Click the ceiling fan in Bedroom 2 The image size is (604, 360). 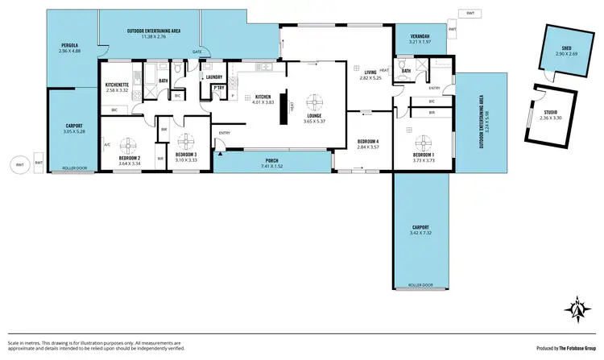pyautogui.click(x=126, y=145)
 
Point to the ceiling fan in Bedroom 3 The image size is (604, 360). pyautogui.click(x=186, y=144)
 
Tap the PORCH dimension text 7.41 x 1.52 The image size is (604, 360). pyautogui.click(x=271, y=165)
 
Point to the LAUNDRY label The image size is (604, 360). pyautogui.click(x=214, y=77)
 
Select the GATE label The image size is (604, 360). pyautogui.click(x=196, y=52)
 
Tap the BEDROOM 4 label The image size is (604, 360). pyautogui.click(x=368, y=143)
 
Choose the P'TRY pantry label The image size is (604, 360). pyautogui.click(x=218, y=88)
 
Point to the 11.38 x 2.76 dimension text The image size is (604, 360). pyautogui.click(x=151, y=36)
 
